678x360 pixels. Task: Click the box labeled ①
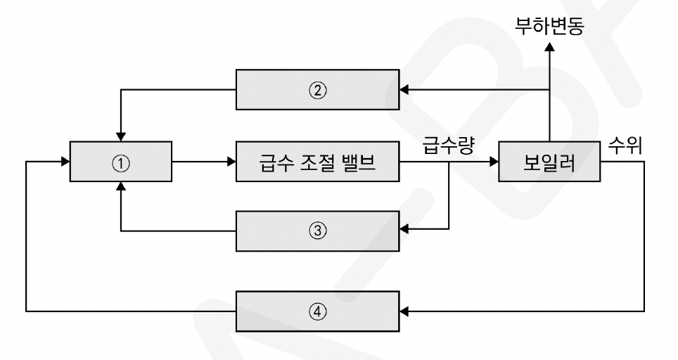(x=121, y=162)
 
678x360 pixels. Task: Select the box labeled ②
(x=316, y=89)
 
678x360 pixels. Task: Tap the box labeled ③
(x=316, y=230)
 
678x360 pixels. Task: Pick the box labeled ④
(x=316, y=310)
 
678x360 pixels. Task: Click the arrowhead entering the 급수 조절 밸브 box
(x=231, y=162)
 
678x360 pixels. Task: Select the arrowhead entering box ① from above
(x=121, y=136)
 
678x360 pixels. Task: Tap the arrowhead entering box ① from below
(x=121, y=187)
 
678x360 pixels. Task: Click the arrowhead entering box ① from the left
(x=65, y=162)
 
